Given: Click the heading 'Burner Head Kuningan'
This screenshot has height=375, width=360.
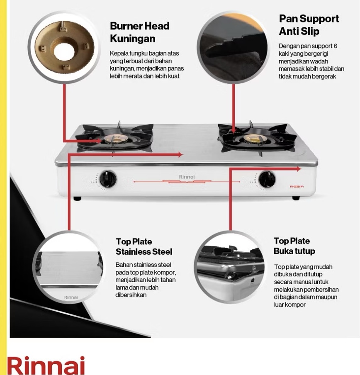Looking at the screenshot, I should [x=140, y=32].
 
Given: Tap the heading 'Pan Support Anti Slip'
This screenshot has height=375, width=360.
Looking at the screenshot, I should [x=309, y=25].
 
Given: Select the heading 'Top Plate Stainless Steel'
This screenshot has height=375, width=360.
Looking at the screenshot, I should [x=144, y=247].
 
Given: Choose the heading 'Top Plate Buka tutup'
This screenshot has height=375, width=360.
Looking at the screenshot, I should [x=294, y=246].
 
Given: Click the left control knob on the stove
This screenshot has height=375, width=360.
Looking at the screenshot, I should [x=108, y=179].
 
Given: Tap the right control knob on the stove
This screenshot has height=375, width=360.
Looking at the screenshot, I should [x=267, y=179].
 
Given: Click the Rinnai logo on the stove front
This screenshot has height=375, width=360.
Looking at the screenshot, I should [x=187, y=177].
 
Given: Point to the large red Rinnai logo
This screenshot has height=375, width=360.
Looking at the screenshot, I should [x=46, y=365].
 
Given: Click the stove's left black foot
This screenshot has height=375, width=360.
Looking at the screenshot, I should [x=78, y=198].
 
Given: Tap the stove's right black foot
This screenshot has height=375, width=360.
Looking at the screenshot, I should [x=296, y=198].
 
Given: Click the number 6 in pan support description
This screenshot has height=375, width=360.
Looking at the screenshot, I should [x=335, y=46].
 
